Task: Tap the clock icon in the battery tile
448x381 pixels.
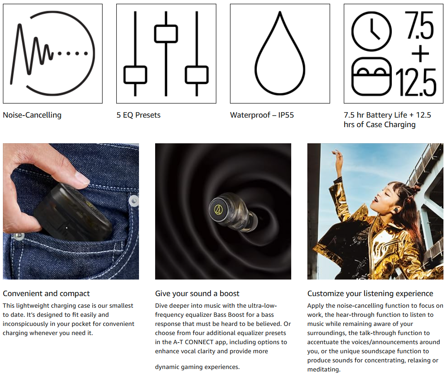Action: click(x=371, y=31)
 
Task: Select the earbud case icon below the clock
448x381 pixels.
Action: click(x=371, y=76)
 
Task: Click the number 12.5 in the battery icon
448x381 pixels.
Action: click(x=416, y=82)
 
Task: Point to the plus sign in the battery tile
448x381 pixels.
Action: click(x=420, y=54)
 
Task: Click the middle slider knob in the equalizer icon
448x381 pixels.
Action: click(x=166, y=34)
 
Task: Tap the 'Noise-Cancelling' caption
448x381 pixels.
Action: click(x=32, y=115)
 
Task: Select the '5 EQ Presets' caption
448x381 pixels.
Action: click(x=138, y=115)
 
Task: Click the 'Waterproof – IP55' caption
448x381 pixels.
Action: click(x=262, y=115)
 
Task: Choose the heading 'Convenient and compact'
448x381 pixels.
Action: click(x=46, y=294)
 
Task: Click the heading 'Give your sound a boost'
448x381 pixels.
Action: click(x=197, y=294)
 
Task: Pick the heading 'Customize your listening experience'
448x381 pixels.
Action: click(x=370, y=294)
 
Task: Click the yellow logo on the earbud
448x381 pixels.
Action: click(x=218, y=210)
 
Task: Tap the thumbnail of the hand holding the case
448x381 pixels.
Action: click(x=71, y=211)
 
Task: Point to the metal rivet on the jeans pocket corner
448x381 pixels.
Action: click(x=134, y=200)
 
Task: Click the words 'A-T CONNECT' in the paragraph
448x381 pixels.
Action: click(x=193, y=342)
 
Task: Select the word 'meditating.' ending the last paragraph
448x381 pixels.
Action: click(x=324, y=369)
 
